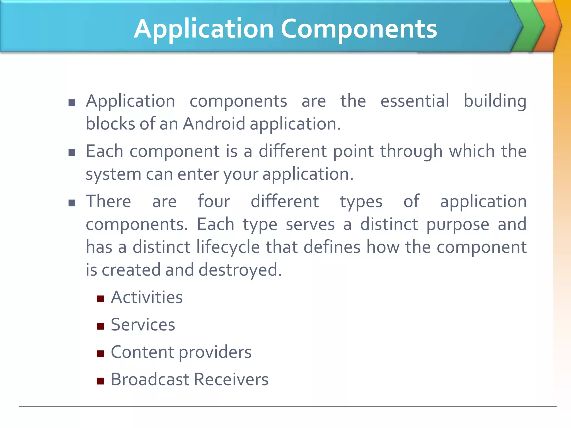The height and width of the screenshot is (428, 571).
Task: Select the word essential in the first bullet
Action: [x=415, y=101]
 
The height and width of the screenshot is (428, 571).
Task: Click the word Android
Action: [x=214, y=123]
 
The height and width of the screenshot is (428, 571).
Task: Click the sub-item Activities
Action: [x=147, y=297]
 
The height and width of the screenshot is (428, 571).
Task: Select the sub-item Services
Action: [x=143, y=325]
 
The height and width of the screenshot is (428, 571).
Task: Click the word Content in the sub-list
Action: [x=142, y=352]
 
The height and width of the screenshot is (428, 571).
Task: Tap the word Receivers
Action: [x=231, y=379]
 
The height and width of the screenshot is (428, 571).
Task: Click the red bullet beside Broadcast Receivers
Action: [x=100, y=381]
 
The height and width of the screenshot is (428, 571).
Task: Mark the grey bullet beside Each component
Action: [x=72, y=153]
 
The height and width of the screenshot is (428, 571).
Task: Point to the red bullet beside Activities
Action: [x=100, y=299]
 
